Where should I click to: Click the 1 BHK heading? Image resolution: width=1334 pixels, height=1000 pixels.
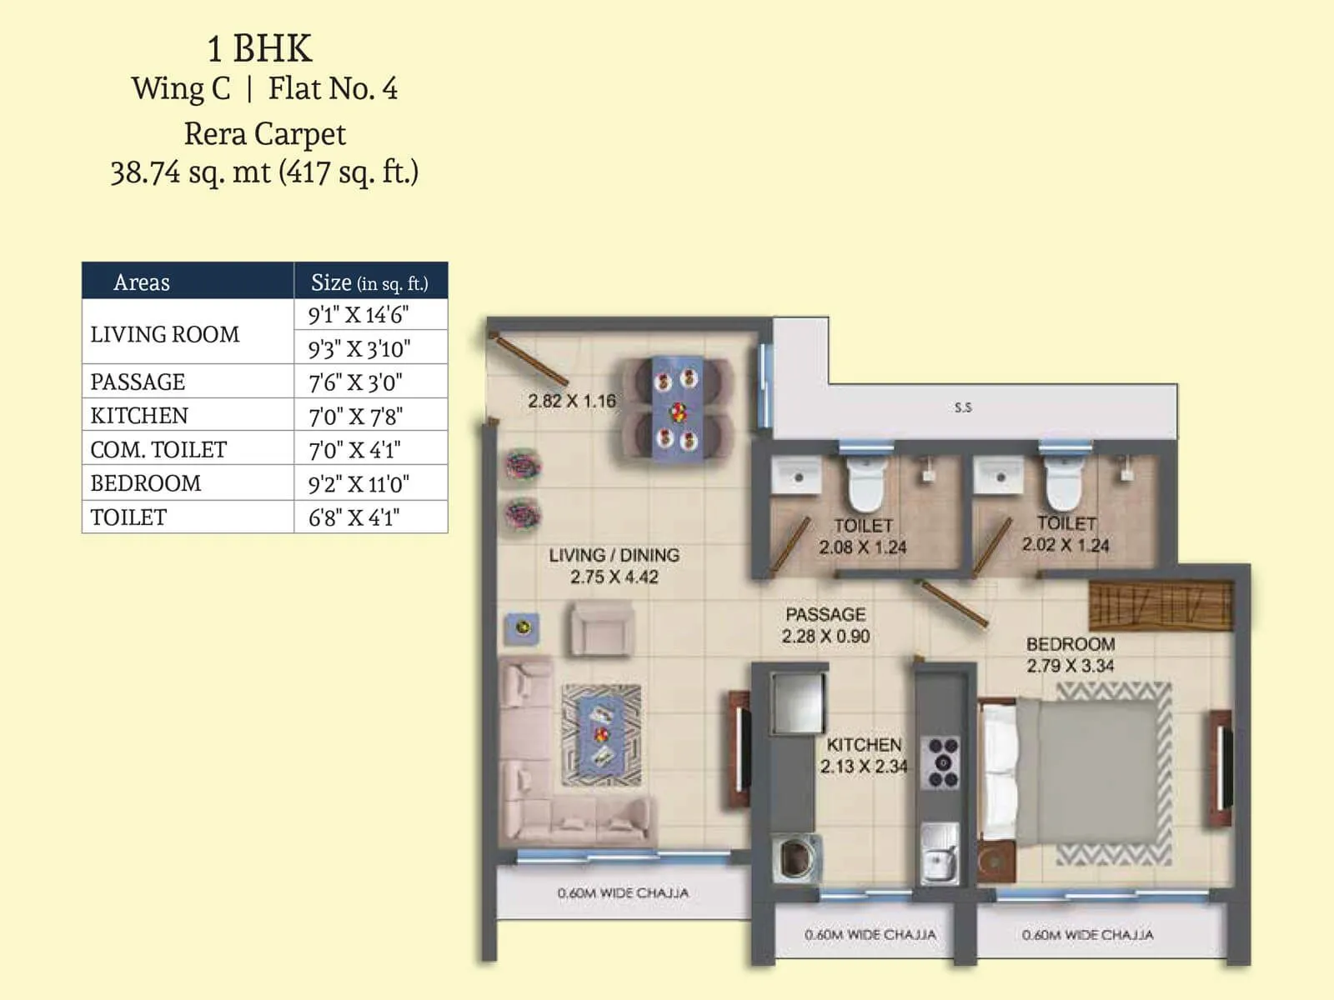(x=259, y=48)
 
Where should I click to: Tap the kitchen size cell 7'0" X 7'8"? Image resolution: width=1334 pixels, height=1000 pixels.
(x=356, y=416)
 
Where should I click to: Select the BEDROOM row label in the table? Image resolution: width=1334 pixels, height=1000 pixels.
(x=146, y=483)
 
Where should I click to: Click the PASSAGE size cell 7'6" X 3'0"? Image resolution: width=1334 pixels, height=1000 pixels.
(x=356, y=382)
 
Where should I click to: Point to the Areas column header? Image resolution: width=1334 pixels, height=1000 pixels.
(x=142, y=282)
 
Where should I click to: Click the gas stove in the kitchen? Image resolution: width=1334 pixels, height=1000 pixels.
(x=943, y=762)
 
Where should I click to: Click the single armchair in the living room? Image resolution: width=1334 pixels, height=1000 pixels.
(x=602, y=629)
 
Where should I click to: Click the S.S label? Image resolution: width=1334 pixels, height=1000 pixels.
(x=963, y=407)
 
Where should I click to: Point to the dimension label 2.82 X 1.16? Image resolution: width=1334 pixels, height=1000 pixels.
(x=572, y=401)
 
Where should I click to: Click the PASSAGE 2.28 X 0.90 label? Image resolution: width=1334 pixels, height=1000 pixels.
(x=825, y=625)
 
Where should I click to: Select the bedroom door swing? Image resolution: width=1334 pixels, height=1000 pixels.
(x=955, y=602)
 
